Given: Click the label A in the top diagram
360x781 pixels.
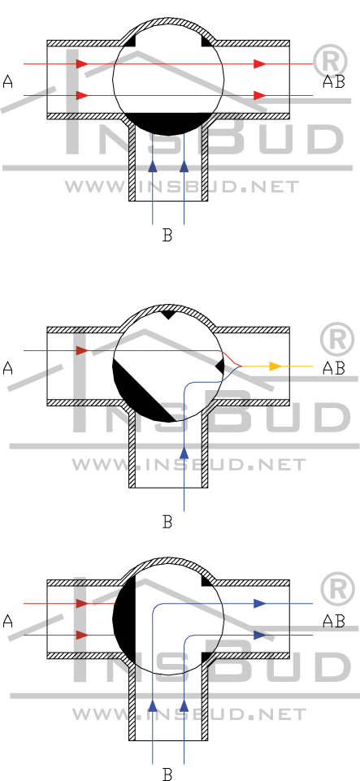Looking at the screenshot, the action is [8, 82].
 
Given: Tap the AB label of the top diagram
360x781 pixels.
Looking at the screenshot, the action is [333, 82].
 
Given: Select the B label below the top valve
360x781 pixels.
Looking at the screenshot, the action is [167, 235].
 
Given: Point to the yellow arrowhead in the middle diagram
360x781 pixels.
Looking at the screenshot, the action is [275, 367].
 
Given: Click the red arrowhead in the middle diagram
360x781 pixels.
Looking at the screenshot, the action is [83, 350].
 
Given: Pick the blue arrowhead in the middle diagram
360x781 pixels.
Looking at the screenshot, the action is [184, 453].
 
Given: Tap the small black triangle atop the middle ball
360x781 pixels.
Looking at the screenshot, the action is [167, 315].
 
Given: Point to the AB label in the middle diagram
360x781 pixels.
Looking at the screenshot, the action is [333, 369].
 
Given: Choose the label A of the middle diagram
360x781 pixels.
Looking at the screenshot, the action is [8, 369].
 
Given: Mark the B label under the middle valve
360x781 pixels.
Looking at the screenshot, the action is [167, 522].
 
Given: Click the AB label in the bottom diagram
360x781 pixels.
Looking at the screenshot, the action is [333, 621].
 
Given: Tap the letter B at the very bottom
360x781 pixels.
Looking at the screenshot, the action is [167, 774].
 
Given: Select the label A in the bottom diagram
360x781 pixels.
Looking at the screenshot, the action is [8, 621].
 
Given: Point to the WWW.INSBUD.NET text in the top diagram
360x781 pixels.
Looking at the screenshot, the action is [182, 187].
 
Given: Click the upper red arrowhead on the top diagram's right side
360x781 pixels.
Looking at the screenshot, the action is [260, 63].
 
